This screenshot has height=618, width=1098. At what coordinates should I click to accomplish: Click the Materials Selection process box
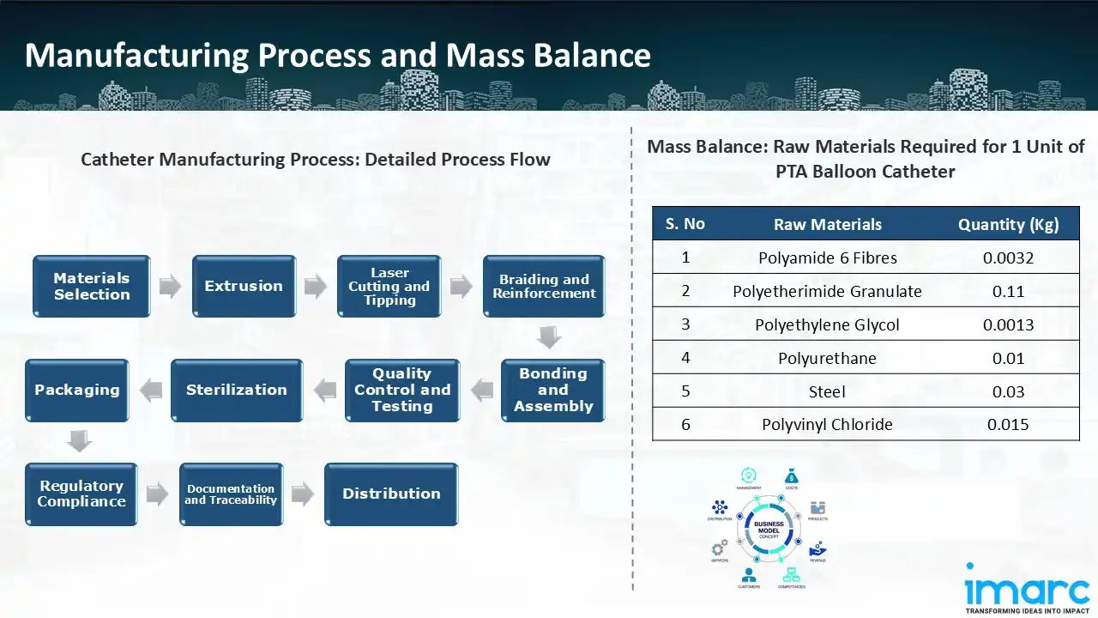(92, 287)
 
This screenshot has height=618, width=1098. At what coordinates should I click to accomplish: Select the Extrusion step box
(244, 287)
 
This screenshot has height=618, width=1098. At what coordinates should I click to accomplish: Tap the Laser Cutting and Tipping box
(389, 287)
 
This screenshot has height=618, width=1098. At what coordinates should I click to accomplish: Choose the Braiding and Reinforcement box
(544, 287)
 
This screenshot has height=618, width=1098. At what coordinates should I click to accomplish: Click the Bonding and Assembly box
(553, 391)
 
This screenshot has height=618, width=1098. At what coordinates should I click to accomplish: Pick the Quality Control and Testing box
(402, 391)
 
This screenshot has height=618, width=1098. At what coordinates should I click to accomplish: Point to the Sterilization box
(237, 391)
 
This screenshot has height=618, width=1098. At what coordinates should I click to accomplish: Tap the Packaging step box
(77, 391)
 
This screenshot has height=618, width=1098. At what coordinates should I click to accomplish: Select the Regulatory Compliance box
(81, 494)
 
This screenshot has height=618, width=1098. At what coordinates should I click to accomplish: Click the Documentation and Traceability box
(231, 494)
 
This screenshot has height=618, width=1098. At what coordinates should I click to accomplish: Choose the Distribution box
(391, 494)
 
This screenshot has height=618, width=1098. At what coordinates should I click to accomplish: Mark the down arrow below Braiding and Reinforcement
(549, 337)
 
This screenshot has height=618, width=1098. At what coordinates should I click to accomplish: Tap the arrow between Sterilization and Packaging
(151, 391)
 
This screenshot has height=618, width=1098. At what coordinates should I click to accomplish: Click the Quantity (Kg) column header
(1008, 225)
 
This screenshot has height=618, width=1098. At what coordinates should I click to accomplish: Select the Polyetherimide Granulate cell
(827, 291)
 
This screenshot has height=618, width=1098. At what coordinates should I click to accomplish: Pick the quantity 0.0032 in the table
(1008, 257)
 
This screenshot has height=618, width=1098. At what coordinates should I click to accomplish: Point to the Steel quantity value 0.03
(1008, 391)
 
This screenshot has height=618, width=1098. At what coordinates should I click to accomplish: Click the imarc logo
(1027, 590)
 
